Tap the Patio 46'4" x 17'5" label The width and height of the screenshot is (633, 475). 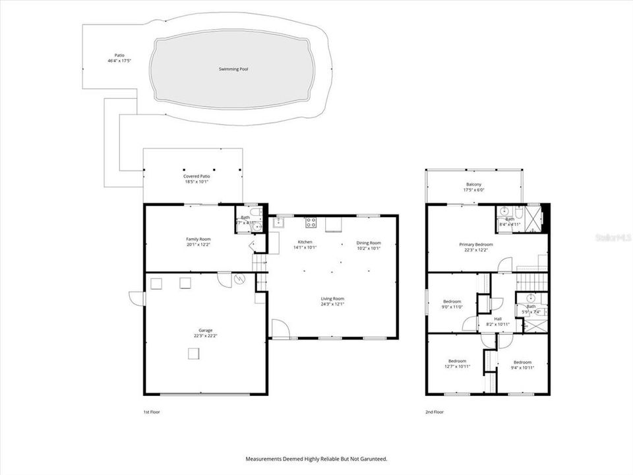pyautogui.click(x=119, y=58)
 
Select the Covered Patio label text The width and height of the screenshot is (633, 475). pyautogui.click(x=196, y=177)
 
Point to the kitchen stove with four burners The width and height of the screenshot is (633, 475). pyautogui.click(x=310, y=222)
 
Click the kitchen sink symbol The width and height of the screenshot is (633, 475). pyautogui.click(x=278, y=222)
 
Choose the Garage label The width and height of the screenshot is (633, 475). pyautogui.click(x=206, y=331)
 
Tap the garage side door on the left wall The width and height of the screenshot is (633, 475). pyautogui.click(x=137, y=298)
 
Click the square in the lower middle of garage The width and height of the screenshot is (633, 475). pyautogui.click(x=193, y=354)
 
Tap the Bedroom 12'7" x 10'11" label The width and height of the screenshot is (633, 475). pyautogui.click(x=457, y=361)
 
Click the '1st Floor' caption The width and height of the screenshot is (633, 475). pyautogui.click(x=152, y=412)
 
